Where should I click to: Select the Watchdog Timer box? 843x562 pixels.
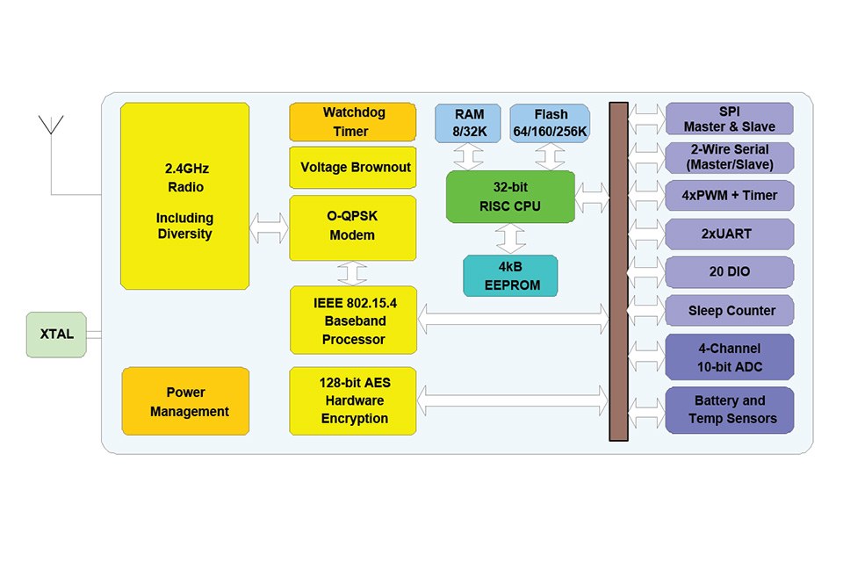click(352, 122)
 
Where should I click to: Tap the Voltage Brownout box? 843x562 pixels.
click(352, 167)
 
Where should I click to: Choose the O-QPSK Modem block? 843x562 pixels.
click(352, 227)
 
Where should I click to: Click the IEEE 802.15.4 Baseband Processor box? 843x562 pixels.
click(352, 321)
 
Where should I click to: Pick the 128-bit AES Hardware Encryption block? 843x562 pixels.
click(352, 401)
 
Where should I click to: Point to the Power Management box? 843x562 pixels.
click(185, 401)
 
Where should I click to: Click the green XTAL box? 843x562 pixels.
click(57, 335)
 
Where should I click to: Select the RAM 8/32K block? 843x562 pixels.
click(468, 123)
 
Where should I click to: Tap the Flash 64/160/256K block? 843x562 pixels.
click(550, 123)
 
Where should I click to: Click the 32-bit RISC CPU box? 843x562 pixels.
click(510, 197)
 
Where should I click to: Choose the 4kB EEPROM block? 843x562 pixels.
click(510, 276)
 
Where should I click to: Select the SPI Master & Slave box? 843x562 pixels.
click(729, 119)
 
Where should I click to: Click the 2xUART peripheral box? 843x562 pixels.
click(729, 234)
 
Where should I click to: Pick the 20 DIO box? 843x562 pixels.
click(729, 272)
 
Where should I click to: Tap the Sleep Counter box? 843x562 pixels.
click(729, 310)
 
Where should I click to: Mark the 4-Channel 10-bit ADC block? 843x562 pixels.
click(729, 356)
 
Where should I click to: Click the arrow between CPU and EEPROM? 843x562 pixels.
click(510, 238)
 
